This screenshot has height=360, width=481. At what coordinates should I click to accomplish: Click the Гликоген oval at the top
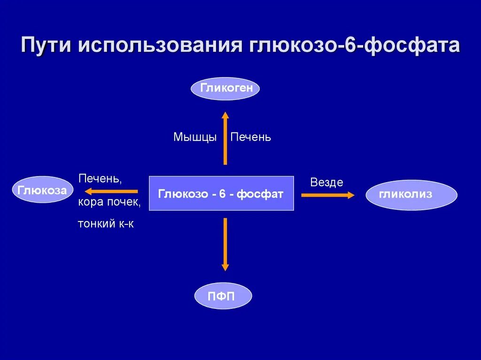coord(225,88)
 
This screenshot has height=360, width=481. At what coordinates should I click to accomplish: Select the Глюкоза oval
coord(42,190)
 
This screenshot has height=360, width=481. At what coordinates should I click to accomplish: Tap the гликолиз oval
coord(411,194)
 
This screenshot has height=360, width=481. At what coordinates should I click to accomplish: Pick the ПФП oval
coord(223,296)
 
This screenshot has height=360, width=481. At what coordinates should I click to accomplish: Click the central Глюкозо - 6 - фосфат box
coord(221,193)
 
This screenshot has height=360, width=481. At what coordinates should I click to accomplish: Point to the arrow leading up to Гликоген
coord(225,138)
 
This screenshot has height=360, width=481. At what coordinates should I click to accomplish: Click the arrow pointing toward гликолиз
coord(328,195)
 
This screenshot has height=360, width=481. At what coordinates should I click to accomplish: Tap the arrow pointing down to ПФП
coord(225,244)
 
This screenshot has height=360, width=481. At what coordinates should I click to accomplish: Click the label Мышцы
coord(195,138)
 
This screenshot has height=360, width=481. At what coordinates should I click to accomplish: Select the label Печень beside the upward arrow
coord(250,138)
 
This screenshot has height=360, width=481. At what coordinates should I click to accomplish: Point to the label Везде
coord(326,182)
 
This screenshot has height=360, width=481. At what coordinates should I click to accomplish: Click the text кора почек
coord(109,202)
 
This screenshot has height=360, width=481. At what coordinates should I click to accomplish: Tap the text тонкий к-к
coord(106,224)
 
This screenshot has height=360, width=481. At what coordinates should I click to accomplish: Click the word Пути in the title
coord(47,46)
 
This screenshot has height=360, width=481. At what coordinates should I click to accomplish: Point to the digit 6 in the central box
coord(222,194)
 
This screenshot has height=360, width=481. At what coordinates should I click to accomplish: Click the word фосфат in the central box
coord(260,194)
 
